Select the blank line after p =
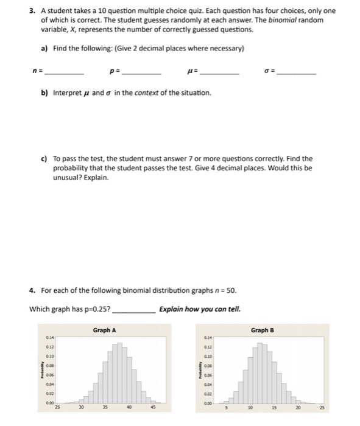141,72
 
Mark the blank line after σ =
297,72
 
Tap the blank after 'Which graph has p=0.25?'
134,310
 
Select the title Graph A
105,330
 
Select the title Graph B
263,330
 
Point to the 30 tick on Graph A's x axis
79,408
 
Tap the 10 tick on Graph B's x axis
250,408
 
